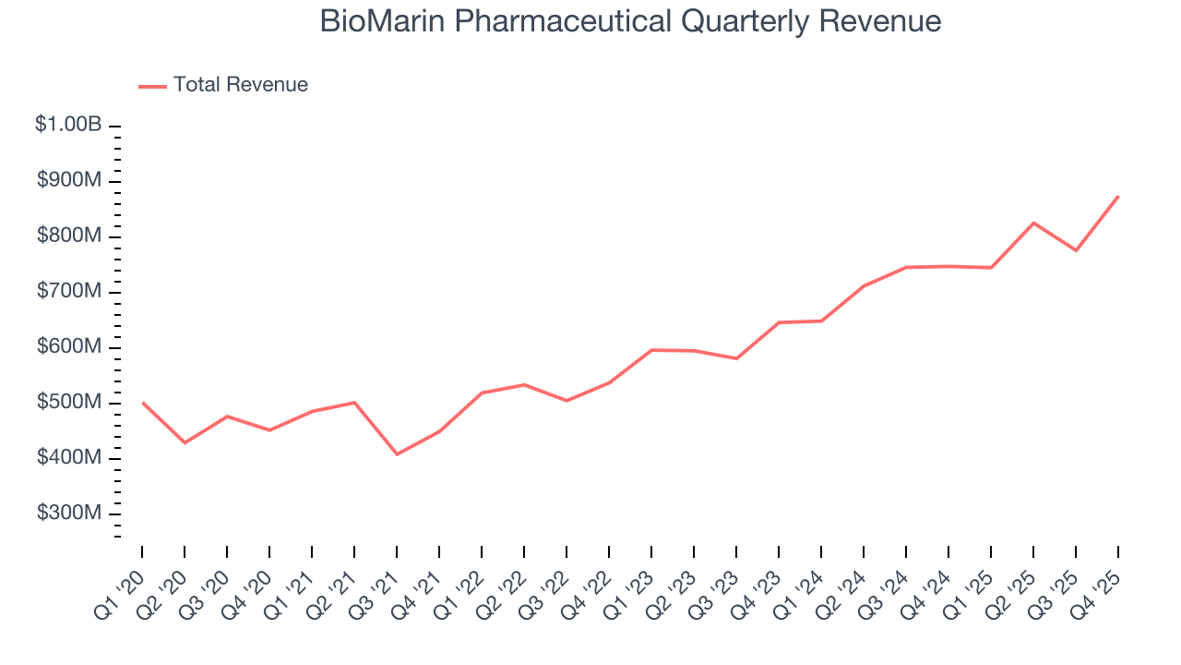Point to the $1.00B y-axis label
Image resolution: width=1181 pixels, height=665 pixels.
tap(68, 125)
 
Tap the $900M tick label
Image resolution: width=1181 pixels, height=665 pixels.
tap(69, 181)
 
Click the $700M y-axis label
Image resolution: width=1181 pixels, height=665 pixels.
tap(69, 292)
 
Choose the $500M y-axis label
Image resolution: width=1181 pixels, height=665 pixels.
tap(69, 403)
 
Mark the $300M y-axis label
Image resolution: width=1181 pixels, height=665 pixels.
tap(69, 514)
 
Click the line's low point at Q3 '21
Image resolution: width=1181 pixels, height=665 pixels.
tap(397, 454)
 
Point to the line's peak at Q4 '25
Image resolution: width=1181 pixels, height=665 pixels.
tap(1118, 196)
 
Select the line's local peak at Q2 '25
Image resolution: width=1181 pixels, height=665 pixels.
tap(1033, 223)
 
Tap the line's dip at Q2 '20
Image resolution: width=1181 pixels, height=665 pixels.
tap(185, 442)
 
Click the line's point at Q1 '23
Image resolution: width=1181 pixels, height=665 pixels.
tap(651, 350)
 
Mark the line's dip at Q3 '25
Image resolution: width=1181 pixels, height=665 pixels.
tap(1076, 250)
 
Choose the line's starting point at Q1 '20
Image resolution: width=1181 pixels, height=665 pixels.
tap(142, 403)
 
